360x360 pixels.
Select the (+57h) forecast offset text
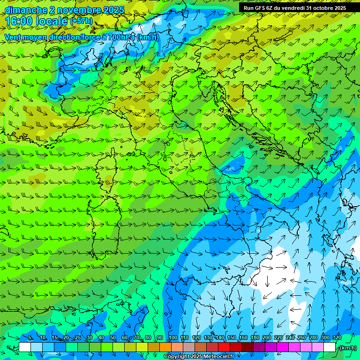81,21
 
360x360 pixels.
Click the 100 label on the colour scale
172,338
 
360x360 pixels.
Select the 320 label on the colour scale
337,338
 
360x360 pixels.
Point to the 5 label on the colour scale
30,338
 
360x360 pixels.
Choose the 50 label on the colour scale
113,338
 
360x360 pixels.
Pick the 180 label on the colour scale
255,338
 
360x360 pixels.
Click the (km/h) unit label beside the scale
347,347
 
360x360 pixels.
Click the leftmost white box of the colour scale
25,347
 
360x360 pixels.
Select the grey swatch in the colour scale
189,347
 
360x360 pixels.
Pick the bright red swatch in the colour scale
224,347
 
